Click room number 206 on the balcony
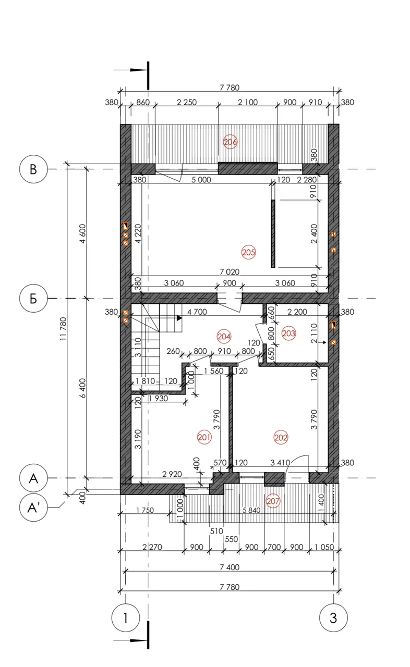click(230, 142)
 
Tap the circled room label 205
click(248, 253)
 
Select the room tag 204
click(223, 337)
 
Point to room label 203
click(288, 333)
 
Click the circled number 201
click(204, 437)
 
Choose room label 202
click(281, 437)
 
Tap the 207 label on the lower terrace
click(273, 501)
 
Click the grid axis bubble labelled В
click(33, 169)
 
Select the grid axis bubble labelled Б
click(33, 298)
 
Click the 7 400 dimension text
click(230, 567)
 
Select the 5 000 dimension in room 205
click(201, 180)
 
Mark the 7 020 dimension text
click(230, 271)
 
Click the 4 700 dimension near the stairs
click(197, 312)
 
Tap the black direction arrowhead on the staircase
click(179, 318)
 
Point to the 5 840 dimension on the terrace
click(251, 510)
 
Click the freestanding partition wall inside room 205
click(273, 234)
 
